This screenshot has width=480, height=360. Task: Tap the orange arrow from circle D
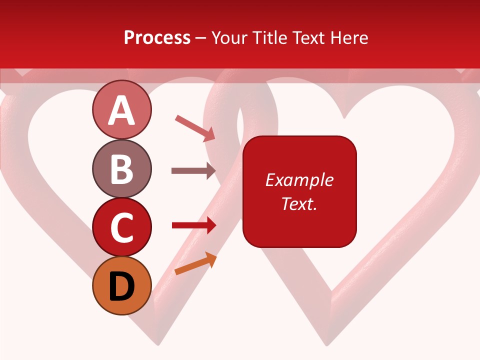coord(195,263)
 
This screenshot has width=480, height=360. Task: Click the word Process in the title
coord(157,38)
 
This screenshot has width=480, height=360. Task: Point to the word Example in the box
coord(299,180)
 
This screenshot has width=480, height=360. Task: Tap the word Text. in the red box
coord(299,203)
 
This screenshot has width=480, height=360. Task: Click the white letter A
coord(121,110)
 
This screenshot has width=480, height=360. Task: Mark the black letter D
coord(121,287)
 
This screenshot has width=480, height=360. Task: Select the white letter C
coord(121,228)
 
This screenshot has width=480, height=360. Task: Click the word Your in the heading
coord(229,38)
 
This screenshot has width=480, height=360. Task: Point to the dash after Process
coord(201,38)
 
